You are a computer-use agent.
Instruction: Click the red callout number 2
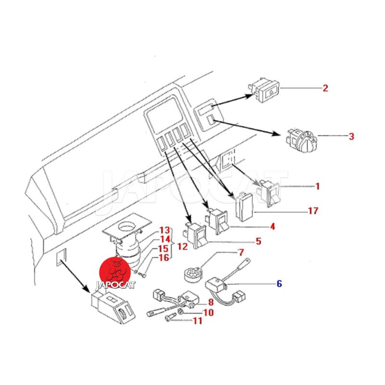[x=325, y=88]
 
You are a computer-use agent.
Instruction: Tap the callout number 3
[x=351, y=136]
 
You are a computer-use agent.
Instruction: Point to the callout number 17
[x=313, y=211]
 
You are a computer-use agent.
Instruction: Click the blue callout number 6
[x=279, y=283]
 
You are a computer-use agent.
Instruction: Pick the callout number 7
[x=241, y=252]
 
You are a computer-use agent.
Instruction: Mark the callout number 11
[x=198, y=321]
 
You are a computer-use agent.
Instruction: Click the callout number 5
[x=258, y=241]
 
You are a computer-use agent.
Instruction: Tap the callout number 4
[x=272, y=226]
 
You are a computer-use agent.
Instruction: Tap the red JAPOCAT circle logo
[x=115, y=271]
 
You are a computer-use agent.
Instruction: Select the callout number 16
[x=164, y=258]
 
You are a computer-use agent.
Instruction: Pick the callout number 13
[x=165, y=231]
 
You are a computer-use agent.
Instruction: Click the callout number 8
[x=210, y=302]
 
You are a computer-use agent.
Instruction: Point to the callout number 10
[x=208, y=312]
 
